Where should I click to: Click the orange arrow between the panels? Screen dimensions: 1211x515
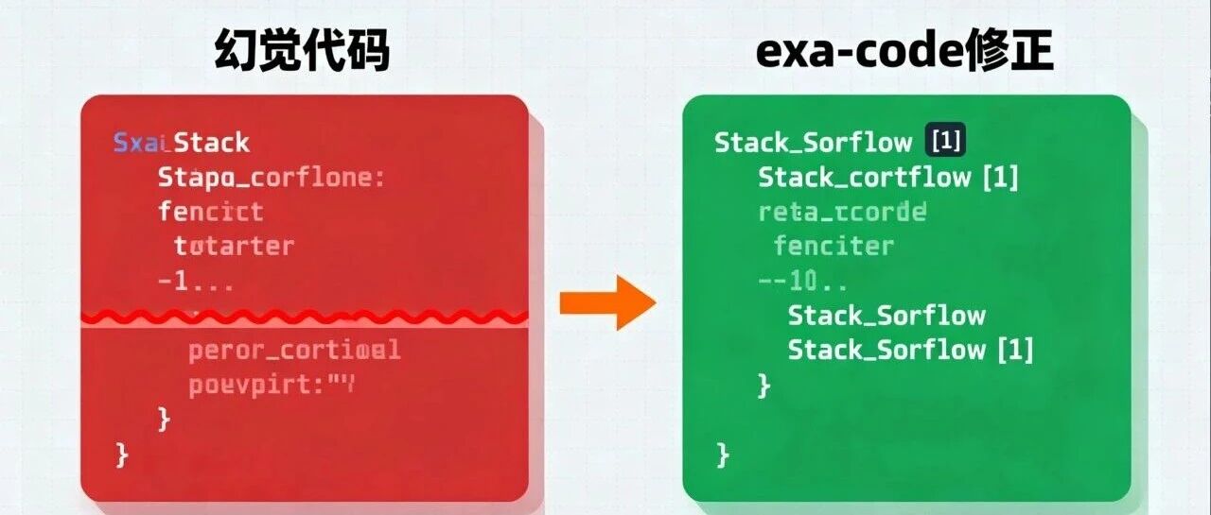606,302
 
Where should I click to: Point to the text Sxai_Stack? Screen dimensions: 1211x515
181,143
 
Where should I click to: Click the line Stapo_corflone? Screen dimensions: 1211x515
271,178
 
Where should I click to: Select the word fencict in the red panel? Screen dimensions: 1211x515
210,212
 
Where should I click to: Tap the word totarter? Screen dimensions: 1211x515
234,247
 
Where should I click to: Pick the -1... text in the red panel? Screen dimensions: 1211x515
195,282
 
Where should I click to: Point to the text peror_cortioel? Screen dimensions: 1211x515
294,351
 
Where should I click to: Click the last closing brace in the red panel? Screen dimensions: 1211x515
121,455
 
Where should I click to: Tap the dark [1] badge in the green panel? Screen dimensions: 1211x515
946,142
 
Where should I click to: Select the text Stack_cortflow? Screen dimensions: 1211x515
851,177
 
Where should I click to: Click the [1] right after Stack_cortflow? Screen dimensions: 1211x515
1001,177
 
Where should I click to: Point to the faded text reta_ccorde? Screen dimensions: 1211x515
841,212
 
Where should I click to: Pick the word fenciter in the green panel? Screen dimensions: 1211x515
833,247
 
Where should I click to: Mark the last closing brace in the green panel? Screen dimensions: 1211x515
723,455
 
